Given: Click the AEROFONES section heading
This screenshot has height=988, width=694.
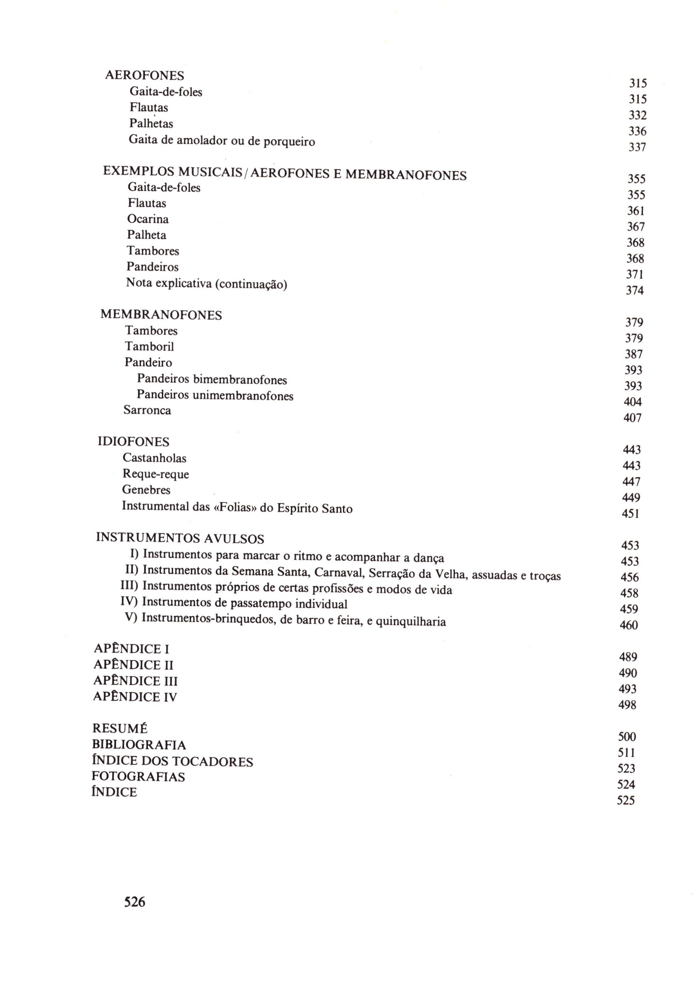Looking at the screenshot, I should pyautogui.click(x=144, y=75).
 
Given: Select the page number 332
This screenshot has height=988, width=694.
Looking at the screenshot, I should pyautogui.click(x=637, y=115).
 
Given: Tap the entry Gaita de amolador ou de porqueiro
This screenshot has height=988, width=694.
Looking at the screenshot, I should pyautogui.click(x=222, y=141).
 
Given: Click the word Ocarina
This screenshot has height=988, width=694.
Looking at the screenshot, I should pyautogui.click(x=148, y=219).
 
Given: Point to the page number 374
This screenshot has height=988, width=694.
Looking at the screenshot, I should pyautogui.click(x=635, y=290).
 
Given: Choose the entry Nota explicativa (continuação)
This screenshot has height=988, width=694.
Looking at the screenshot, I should pyautogui.click(x=206, y=283).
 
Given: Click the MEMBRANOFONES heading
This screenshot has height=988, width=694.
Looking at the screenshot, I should pyautogui.click(x=161, y=315).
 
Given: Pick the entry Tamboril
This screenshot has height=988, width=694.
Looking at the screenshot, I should pyautogui.click(x=149, y=346).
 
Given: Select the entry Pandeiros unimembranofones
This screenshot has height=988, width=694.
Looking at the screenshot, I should pyautogui.click(x=215, y=395).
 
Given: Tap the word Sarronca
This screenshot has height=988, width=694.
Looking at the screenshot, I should pyautogui.click(x=147, y=410).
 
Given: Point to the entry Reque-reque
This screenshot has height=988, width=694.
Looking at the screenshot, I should pyautogui.click(x=156, y=474).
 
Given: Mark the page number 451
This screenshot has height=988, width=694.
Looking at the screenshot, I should pyautogui.click(x=630, y=514).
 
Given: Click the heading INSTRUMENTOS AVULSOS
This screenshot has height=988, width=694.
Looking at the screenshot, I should pyautogui.click(x=180, y=538).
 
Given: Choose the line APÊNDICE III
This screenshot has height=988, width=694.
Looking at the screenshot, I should pyautogui.click(x=135, y=681).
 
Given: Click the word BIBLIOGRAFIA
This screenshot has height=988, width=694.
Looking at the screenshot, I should pyautogui.click(x=139, y=745).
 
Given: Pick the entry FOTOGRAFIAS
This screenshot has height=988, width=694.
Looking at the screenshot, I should pyautogui.click(x=138, y=777).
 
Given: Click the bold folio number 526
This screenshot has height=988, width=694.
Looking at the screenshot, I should pyautogui.click(x=135, y=901).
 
